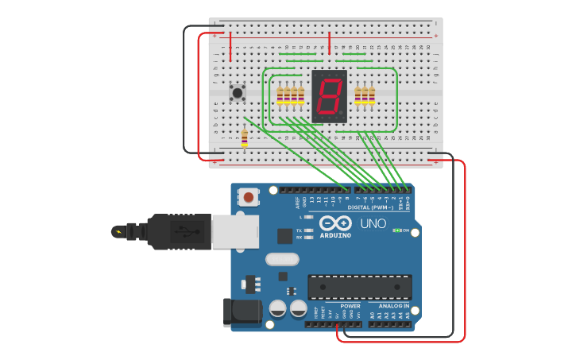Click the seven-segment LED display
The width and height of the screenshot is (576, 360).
point(330,96)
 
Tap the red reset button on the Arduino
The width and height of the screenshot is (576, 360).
point(249,196)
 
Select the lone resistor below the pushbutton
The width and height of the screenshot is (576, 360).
point(244,139)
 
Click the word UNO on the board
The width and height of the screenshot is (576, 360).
point(373,224)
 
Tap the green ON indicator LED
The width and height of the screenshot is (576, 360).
point(396,230)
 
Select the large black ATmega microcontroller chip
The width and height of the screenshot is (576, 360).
point(359,287)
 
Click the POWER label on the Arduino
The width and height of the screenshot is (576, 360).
point(350,306)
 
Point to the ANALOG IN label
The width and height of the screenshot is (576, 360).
point(394,306)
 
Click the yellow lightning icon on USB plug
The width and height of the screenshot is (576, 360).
point(119,232)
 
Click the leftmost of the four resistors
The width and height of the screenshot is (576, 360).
point(280,95)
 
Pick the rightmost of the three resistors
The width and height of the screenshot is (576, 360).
point(372,95)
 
